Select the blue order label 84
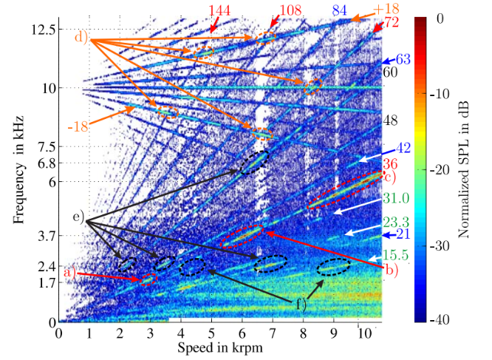tap(340, 10)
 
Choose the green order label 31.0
tap(395, 198)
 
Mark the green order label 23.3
tap(395, 220)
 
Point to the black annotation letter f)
tap(301, 302)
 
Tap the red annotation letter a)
tap(70, 272)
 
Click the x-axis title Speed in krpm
tap(220, 347)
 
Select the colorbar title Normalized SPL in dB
tap(465, 170)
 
